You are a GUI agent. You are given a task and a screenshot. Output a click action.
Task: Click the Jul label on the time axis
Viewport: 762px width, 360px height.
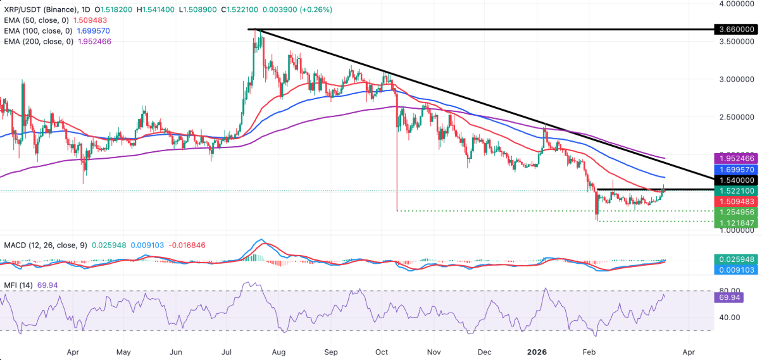[227, 351]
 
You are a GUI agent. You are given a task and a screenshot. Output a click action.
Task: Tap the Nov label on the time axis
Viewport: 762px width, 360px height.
[433, 351]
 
